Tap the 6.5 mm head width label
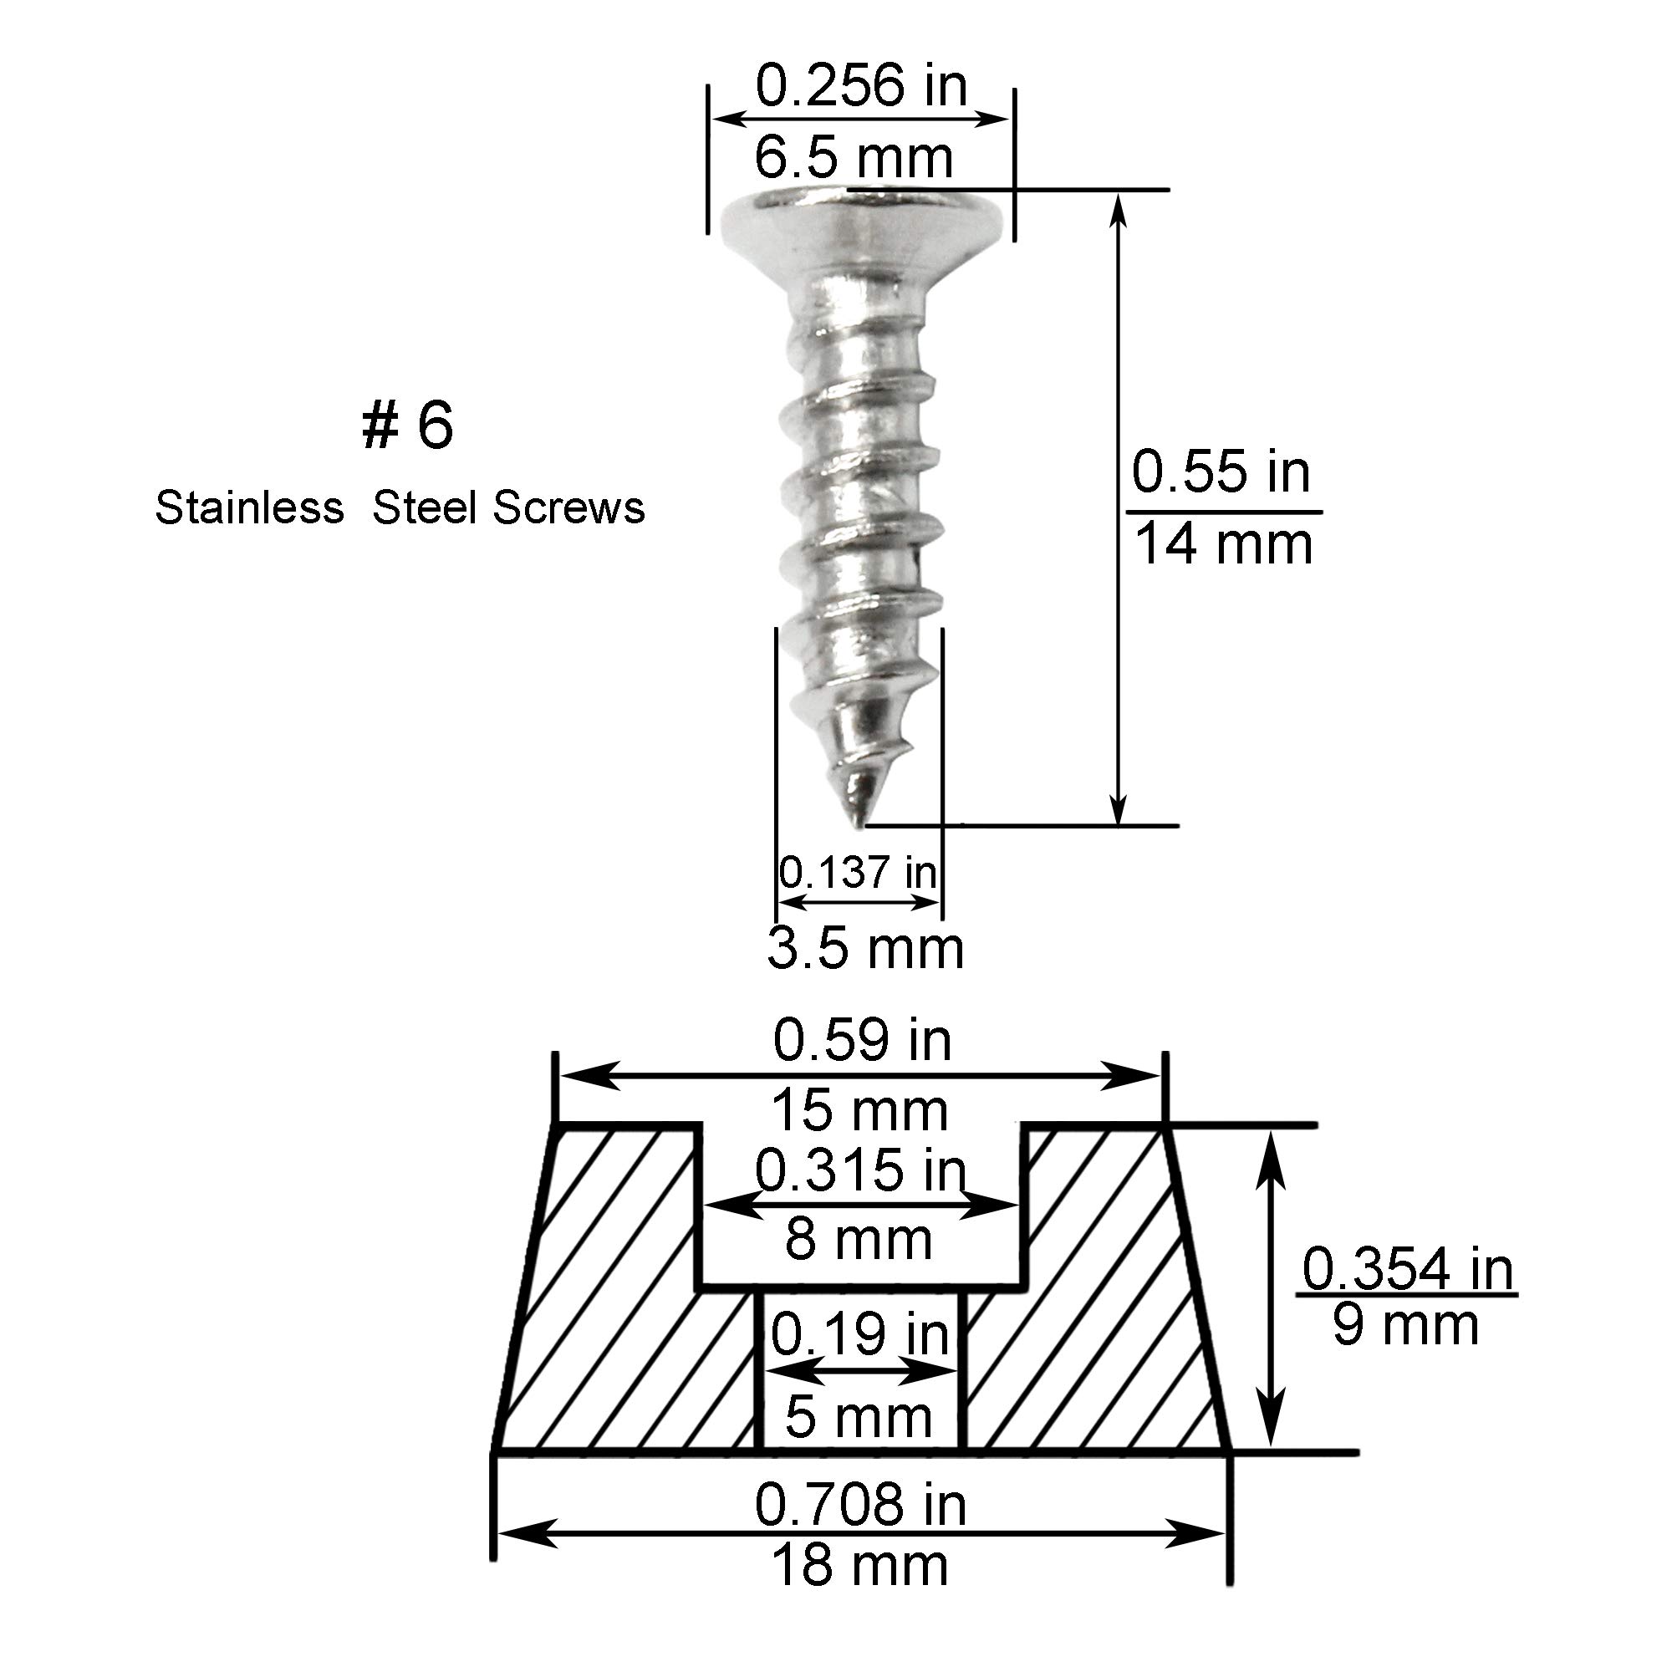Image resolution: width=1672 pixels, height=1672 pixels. click(x=854, y=157)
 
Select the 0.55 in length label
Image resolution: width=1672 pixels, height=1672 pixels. click(x=1221, y=472)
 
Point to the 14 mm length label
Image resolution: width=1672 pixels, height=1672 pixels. click(x=1223, y=544)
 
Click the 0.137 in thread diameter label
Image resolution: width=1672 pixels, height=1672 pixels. click(x=858, y=871)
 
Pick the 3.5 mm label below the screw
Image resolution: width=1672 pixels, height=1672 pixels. click(x=865, y=949)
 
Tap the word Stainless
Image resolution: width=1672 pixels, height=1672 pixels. click(x=249, y=507)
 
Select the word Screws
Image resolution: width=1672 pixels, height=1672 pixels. click(x=569, y=507)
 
